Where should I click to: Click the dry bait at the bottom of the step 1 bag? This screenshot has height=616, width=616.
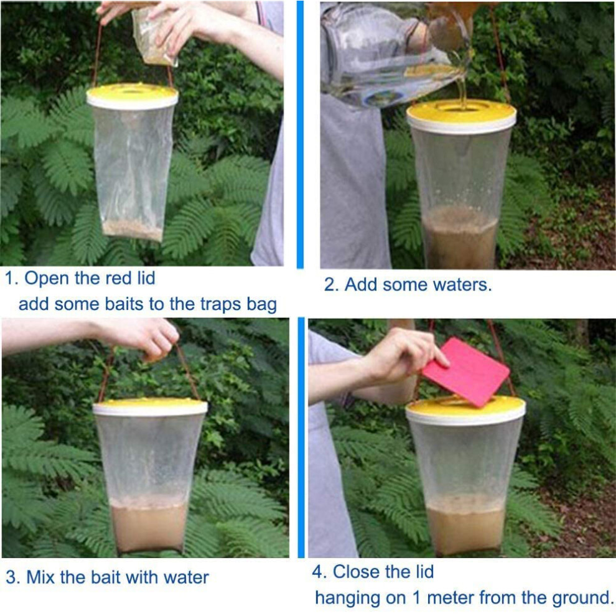tap(133, 230)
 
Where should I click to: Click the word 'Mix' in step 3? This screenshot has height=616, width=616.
tap(40, 577)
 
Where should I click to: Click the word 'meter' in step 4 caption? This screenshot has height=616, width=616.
tap(450, 598)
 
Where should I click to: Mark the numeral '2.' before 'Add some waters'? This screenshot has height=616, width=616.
tap(332, 285)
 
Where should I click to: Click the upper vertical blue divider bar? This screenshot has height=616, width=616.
tap(300, 135)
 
